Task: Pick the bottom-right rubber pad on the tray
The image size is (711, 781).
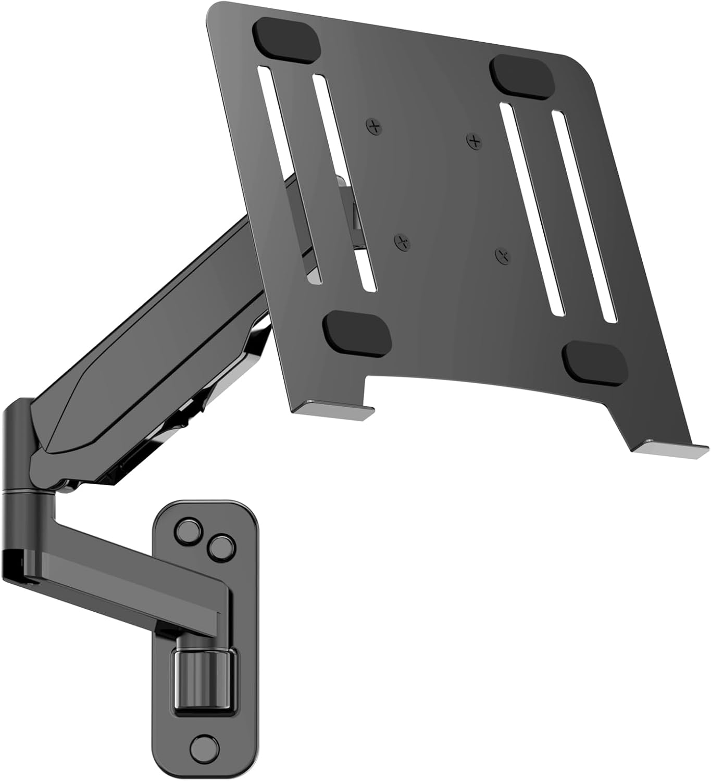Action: [x=594, y=362]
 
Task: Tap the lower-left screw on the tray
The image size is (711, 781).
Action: [x=401, y=242]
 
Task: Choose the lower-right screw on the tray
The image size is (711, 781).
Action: [x=502, y=255]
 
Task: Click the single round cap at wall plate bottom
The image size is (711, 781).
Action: [x=202, y=748]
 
